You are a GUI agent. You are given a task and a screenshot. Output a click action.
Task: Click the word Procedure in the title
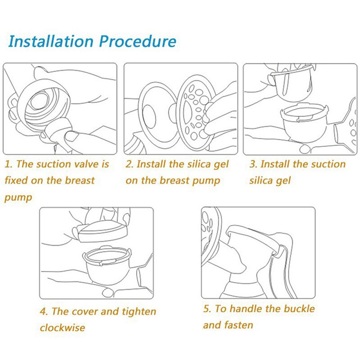click(x=137, y=41)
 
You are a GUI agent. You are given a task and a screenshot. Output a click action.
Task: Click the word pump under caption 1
click(x=18, y=198)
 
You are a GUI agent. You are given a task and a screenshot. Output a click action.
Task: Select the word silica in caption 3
click(x=263, y=180)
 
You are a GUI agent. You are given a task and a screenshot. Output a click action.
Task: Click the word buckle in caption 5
click(x=300, y=309)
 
